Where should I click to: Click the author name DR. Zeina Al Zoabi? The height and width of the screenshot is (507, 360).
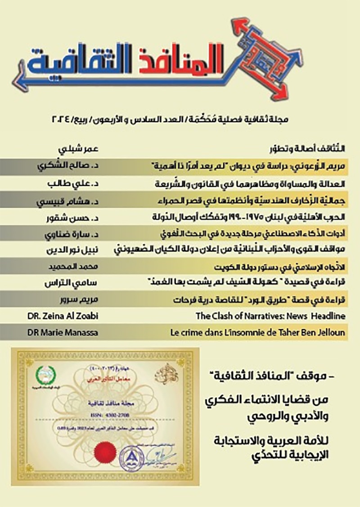point(63,316)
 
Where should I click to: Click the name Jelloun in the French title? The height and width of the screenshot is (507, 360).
point(330,333)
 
